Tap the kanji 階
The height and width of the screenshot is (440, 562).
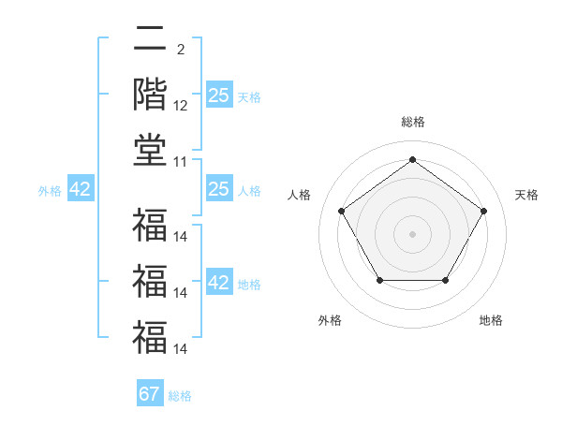point(150,95)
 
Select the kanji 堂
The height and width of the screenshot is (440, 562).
point(150,150)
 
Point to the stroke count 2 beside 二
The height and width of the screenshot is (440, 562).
point(181,49)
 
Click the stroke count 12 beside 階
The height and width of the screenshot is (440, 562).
point(181,107)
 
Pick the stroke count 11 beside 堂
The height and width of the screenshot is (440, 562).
point(181,162)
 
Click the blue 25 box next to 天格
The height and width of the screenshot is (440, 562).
point(218,95)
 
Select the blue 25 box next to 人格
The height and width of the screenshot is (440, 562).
point(218,190)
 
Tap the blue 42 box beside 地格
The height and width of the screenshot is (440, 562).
point(218,283)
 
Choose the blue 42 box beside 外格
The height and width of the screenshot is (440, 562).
point(81,190)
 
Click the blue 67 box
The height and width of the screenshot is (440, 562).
point(150,394)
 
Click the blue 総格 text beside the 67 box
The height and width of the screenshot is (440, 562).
point(181,396)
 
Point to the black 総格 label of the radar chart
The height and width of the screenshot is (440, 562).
point(413,122)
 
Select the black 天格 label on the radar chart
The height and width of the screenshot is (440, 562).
point(526,195)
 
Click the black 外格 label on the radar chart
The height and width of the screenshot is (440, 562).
point(330,320)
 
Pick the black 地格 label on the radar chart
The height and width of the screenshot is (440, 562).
point(491,320)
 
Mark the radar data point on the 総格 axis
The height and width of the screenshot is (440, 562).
point(413,159)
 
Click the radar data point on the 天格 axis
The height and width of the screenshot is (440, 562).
point(484,211)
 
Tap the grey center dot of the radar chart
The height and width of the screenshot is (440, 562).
point(413,233)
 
